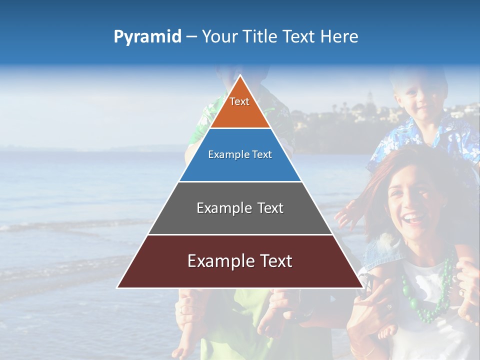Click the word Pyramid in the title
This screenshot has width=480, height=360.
point(147,37)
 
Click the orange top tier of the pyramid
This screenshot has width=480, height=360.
point(240,107)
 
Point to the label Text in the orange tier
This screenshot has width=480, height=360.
point(239,101)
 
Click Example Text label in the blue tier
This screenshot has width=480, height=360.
point(240,154)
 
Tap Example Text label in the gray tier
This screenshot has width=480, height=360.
point(240,208)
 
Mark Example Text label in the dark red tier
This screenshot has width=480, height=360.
point(240,261)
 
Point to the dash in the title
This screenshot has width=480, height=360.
point(191,37)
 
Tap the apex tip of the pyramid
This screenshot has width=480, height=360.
point(240,76)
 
